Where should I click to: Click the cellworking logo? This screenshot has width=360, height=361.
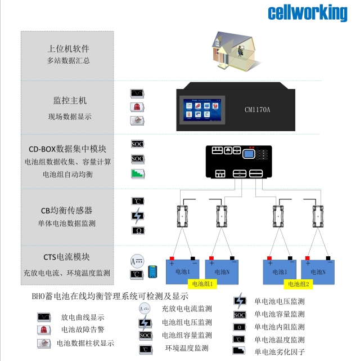tap(308, 12)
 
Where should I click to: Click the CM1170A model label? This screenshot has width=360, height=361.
tap(258, 109)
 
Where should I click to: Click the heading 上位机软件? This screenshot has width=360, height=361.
tap(69, 48)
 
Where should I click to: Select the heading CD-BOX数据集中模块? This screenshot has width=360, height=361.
tap(67, 149)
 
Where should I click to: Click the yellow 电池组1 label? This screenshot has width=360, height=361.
tap(202, 284)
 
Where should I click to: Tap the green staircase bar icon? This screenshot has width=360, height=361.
tap(138, 174)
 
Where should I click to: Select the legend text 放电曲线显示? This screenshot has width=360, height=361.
tap(83, 317)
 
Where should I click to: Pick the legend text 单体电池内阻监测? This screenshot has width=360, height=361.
tap(279, 327)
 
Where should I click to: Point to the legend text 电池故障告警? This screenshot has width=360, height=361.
tap(83, 329)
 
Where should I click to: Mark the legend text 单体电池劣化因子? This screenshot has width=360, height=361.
tap(279, 352)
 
